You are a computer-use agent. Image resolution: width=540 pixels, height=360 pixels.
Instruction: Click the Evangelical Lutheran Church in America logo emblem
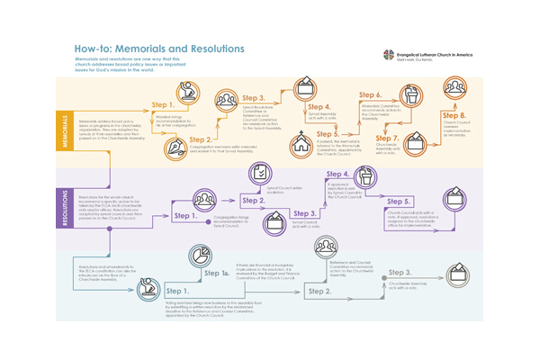(389, 54)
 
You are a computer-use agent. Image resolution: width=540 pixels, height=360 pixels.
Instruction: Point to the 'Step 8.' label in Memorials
(454, 115)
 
